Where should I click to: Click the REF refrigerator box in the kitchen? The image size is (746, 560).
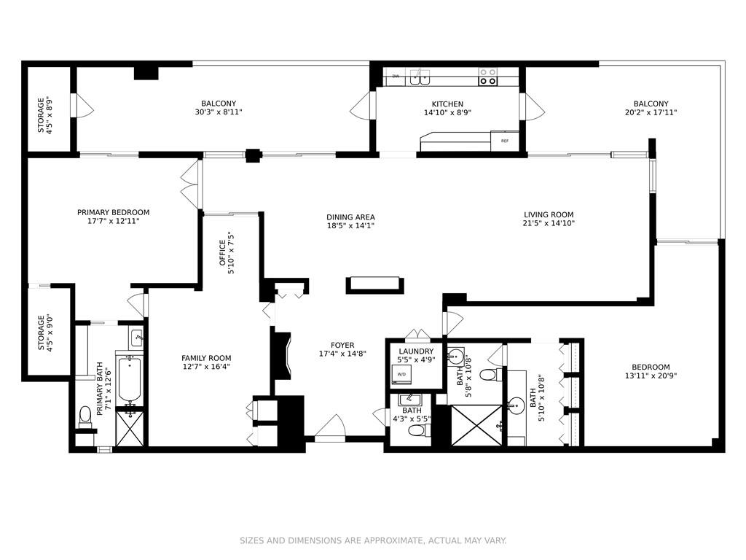point(504,141)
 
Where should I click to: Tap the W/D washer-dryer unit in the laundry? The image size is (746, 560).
point(401,375)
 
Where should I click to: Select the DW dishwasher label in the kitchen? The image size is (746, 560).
point(396,76)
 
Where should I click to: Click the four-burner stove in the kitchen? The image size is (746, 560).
point(487,77)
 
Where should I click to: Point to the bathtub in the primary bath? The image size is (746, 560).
point(129,378)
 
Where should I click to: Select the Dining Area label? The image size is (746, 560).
point(350,217)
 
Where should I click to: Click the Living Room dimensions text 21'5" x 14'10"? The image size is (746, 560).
point(549,223)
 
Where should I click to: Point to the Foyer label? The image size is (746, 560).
point(342,345)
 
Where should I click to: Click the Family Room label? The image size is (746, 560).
point(206,358)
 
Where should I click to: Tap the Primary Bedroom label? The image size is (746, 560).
point(113,212)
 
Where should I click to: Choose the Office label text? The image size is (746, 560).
point(222,253)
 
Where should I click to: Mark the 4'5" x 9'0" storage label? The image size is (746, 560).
point(45,332)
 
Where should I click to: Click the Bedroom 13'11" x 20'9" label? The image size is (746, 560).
point(651,371)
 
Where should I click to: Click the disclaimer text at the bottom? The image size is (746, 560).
point(373,540)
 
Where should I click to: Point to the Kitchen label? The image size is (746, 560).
point(447,104)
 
